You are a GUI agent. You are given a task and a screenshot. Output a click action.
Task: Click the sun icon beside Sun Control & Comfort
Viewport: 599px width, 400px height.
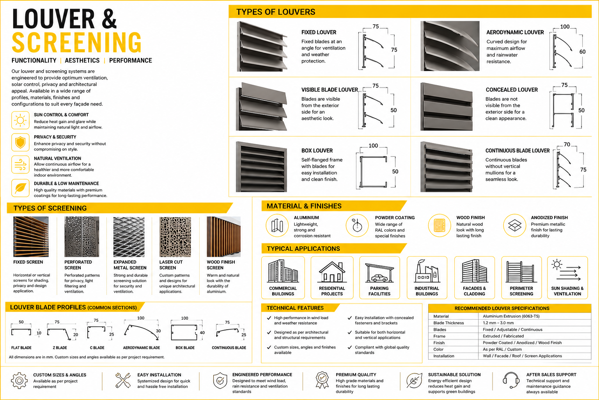pyautogui.click(x=20, y=120)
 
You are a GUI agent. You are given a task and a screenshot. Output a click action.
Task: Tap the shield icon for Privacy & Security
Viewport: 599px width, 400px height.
pyautogui.click(x=20, y=142)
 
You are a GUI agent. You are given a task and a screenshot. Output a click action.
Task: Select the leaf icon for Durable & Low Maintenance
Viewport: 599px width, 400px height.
pyautogui.click(x=20, y=188)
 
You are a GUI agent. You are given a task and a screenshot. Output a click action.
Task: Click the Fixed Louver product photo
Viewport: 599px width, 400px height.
pyautogui.click(x=262, y=46)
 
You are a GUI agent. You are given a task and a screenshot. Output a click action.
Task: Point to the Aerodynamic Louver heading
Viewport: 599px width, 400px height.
pyautogui.click(x=515, y=32)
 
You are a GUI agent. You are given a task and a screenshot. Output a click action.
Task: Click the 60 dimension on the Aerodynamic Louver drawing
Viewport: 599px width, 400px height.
pyautogui.click(x=582, y=52)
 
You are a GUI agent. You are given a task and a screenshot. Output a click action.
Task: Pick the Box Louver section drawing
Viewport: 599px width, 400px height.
pyautogui.click(x=373, y=171)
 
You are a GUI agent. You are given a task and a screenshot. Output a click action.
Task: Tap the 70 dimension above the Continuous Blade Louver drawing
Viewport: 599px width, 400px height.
pyautogui.click(x=567, y=145)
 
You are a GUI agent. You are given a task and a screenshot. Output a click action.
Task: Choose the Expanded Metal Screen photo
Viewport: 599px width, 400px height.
pyautogui.click(x=129, y=237)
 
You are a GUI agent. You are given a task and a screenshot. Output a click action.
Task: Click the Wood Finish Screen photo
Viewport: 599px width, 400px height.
pyautogui.click(x=223, y=237)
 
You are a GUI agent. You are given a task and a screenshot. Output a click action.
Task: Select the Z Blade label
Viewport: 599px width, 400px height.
pyautogui.click(x=60, y=348)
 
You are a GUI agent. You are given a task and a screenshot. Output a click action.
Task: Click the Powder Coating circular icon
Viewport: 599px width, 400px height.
pyautogui.click(x=357, y=225)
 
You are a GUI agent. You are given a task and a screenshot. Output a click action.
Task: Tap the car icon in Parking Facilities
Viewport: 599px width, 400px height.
pyautogui.click(x=379, y=278)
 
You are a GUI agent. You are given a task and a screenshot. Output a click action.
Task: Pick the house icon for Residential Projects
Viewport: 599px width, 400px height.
pyautogui.click(x=332, y=272)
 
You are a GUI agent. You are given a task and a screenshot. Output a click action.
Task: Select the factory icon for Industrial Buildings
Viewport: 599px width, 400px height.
pyautogui.click(x=427, y=271)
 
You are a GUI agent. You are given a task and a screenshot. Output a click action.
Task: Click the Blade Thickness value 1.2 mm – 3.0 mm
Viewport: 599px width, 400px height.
pyautogui.click(x=498, y=323)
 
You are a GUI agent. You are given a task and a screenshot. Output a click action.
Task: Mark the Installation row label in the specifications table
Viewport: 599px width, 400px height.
pyautogui.click(x=444, y=356)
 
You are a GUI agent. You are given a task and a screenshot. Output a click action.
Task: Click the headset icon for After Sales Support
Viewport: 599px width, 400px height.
pyautogui.click(x=511, y=380)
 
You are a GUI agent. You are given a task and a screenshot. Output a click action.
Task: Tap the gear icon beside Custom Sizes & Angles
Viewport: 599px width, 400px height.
pyautogui.click(x=19, y=380)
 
